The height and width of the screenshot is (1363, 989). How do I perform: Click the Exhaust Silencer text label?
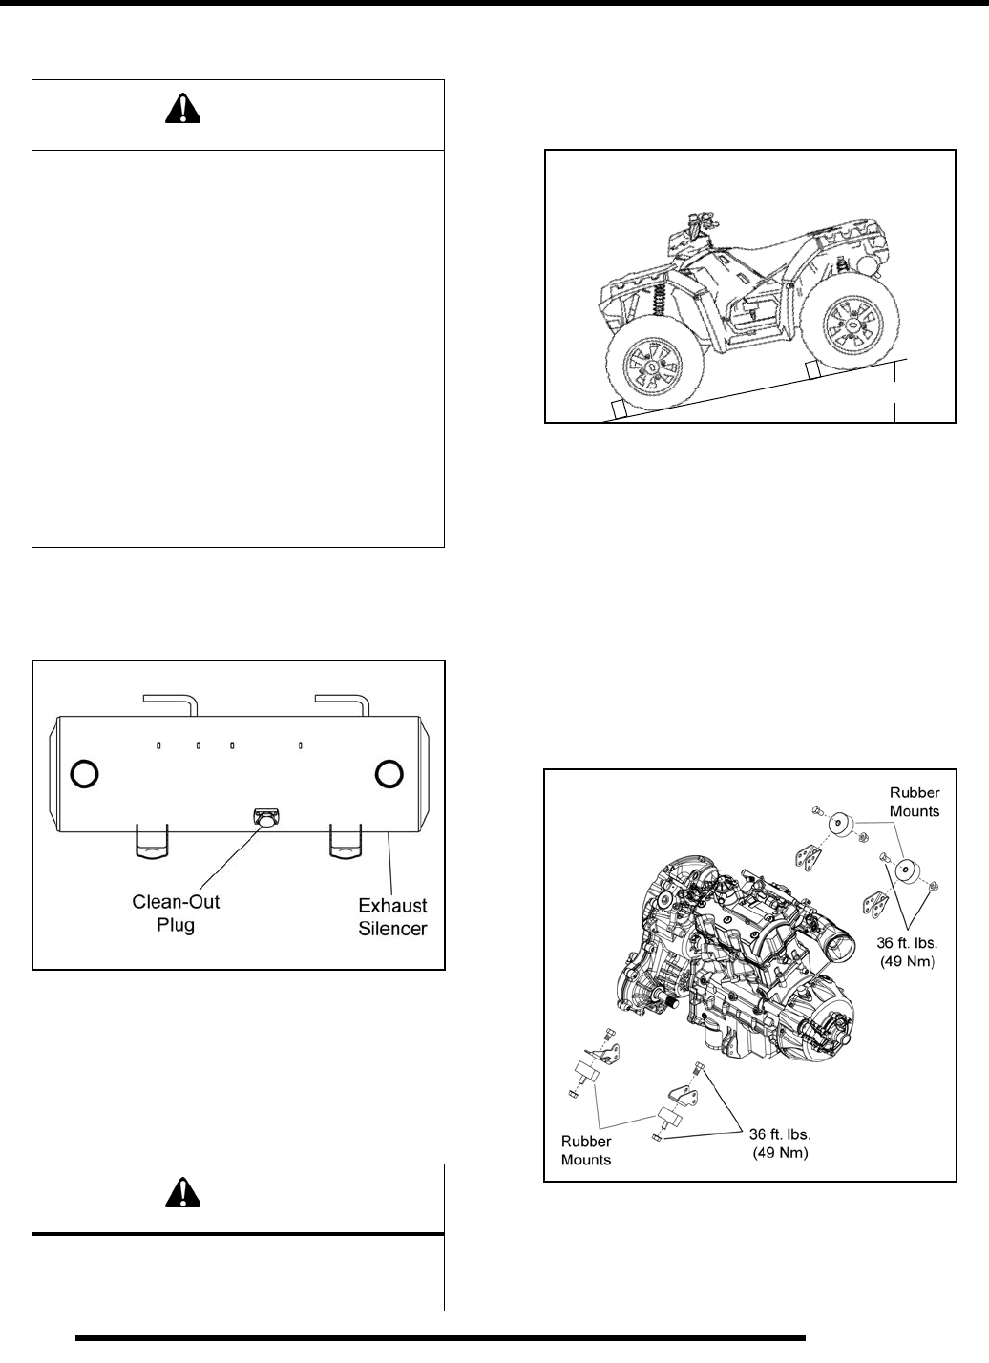tap(392, 915)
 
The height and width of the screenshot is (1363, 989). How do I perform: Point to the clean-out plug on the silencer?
tap(265, 817)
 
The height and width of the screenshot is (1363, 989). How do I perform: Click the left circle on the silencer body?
tap(84, 773)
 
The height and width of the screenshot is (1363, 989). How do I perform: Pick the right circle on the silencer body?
tap(388, 773)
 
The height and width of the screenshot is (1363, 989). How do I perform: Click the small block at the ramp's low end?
tap(618, 410)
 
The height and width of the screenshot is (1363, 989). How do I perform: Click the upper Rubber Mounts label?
tap(915, 803)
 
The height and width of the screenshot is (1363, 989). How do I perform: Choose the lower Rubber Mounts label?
tap(586, 1150)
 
